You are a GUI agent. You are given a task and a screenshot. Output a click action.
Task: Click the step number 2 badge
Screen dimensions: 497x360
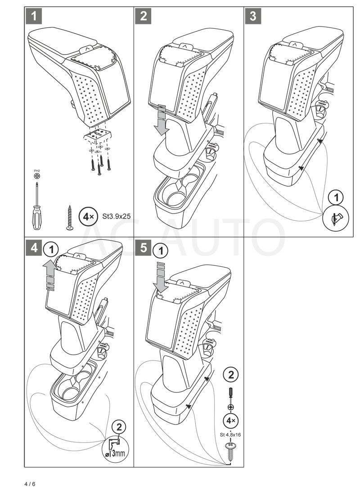point(143,17)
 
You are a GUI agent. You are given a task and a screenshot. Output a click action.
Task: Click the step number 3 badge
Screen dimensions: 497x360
point(253,17)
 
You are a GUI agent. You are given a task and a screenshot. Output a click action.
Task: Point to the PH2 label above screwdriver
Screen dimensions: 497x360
point(36,171)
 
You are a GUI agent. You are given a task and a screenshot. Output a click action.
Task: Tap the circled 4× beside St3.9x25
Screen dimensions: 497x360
point(87,217)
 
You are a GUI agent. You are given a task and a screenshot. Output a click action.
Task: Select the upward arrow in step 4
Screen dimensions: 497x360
point(50,275)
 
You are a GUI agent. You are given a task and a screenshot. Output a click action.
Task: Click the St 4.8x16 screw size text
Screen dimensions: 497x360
point(230,434)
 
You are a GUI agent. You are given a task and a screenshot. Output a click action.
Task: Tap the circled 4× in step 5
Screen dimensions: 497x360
point(231,420)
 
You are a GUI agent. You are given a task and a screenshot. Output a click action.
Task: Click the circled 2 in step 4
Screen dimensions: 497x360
point(119,427)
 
